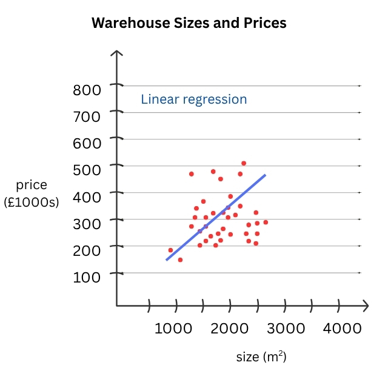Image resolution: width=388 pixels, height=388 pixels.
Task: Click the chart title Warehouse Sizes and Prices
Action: [189, 24]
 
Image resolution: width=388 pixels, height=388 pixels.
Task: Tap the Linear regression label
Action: [194, 99]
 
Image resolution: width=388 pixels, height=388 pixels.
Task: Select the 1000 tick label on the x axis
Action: [173, 328]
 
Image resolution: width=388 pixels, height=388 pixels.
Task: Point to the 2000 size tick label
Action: [229, 328]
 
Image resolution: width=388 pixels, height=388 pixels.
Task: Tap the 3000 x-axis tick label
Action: [285, 328]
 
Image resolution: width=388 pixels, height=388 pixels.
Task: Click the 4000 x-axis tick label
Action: [341, 328]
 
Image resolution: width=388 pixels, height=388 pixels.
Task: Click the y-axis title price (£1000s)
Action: [32, 193]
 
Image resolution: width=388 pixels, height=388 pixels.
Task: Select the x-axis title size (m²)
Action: [261, 357]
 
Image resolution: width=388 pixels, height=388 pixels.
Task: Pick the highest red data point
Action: [244, 163]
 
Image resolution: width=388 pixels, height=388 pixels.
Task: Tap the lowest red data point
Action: [180, 259]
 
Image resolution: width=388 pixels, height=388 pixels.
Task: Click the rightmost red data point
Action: [266, 222]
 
